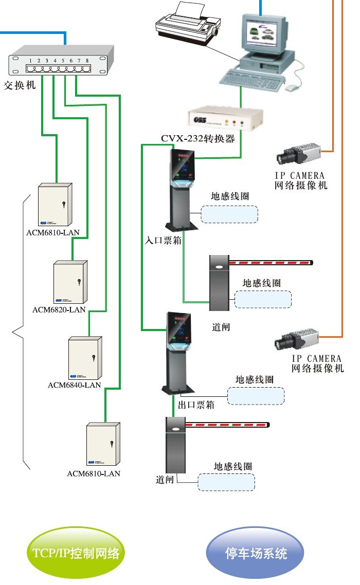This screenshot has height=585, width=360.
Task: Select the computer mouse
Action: [292, 88]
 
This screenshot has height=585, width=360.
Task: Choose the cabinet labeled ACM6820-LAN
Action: [70, 282]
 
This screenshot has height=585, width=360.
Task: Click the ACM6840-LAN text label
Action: [74, 385]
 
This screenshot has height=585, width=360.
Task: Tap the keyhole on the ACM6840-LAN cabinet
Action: [93, 358]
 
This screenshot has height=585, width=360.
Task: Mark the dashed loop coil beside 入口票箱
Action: [229, 214]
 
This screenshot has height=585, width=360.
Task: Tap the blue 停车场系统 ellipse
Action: [255, 553]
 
